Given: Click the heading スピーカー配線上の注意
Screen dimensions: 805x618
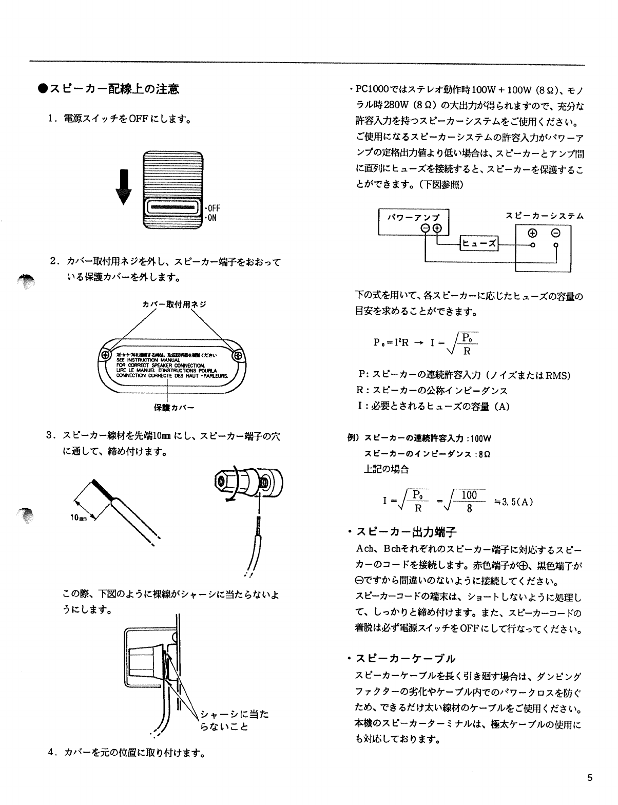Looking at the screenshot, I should pyautogui.click(x=111, y=89).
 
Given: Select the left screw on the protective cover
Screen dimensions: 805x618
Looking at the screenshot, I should pyautogui.click(x=105, y=355).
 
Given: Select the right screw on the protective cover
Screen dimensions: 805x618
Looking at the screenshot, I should pyautogui.click(x=238, y=355).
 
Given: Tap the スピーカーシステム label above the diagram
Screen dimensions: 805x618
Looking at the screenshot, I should pyautogui.click(x=544, y=216).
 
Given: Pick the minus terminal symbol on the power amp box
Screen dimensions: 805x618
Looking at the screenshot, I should pyautogui.click(x=426, y=228).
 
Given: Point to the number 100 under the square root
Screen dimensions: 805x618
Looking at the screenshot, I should pyautogui.click(x=469, y=495).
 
